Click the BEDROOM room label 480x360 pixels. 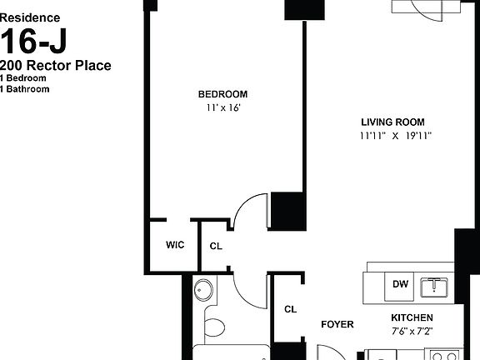click(x=222, y=94)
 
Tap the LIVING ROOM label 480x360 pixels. click(x=395, y=120)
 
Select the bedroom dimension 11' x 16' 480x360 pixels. click(x=222, y=107)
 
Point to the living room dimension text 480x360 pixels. click(x=395, y=135)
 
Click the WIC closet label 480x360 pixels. click(x=175, y=245)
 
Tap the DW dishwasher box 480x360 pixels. click(x=401, y=284)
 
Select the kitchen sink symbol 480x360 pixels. click(x=434, y=287)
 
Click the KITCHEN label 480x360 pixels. click(x=412, y=317)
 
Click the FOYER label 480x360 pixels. click(x=337, y=324)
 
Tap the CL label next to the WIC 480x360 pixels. click(x=216, y=246)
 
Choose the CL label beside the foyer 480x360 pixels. click(x=290, y=309)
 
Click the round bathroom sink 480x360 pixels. click(x=204, y=290)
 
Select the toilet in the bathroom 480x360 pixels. click(x=214, y=326)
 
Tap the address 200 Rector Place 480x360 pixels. click(x=56, y=66)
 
